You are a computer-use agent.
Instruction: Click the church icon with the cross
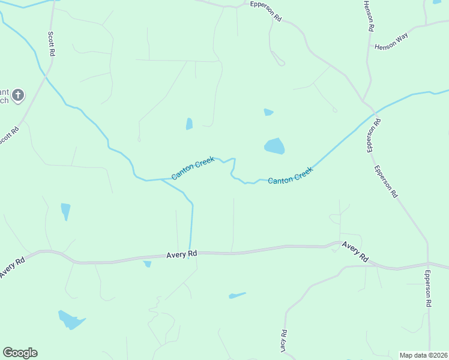(18, 94)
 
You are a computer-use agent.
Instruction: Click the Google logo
(20, 353)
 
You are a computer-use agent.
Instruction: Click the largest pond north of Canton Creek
(274, 146)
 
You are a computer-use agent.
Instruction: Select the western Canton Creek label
(193, 168)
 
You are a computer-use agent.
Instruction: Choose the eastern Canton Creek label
(291, 176)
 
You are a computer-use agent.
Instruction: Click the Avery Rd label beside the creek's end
(182, 255)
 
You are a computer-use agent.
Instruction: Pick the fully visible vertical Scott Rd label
(51, 44)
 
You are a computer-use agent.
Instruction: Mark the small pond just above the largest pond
(268, 112)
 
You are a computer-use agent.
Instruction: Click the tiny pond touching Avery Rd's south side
(147, 264)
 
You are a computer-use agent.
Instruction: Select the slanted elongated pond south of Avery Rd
(237, 295)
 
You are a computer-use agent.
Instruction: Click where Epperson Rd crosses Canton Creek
(374, 112)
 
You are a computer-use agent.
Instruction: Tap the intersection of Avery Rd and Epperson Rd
(428, 265)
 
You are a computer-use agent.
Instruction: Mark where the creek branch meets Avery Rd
(190, 253)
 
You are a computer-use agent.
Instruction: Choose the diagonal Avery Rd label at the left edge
(12, 267)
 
